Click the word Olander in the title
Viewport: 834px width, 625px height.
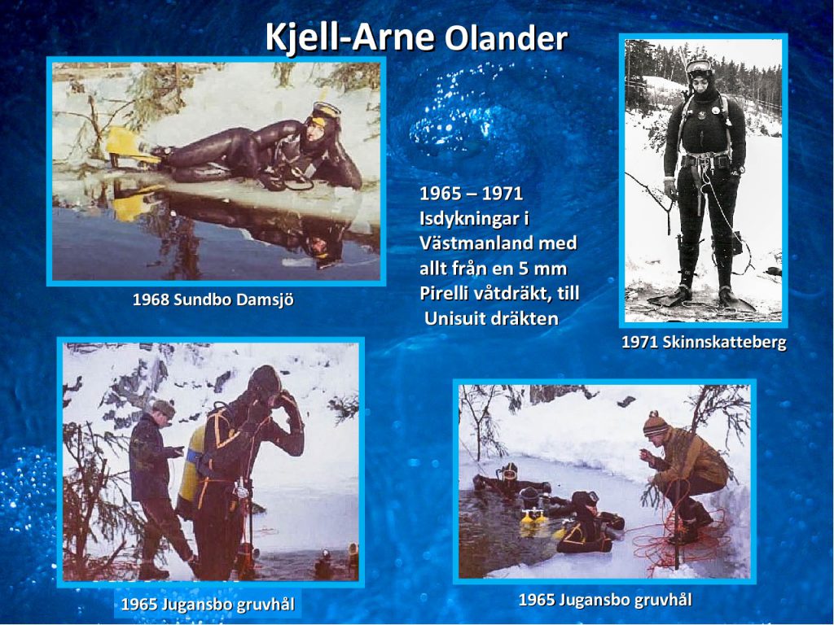pos(506,39)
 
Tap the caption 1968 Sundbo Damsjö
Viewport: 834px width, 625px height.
pos(213,299)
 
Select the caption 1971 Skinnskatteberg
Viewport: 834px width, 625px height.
pos(704,342)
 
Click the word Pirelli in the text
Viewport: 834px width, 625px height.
pos(446,293)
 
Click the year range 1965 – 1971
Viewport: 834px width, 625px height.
pos(472,194)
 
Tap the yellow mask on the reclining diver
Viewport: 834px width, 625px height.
pos(326,111)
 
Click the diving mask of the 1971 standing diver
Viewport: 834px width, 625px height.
pos(699,67)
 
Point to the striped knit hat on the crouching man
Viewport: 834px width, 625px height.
pos(656,424)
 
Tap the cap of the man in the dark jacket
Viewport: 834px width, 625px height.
pos(164,409)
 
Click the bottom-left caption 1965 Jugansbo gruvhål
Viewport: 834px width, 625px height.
pos(208,605)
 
